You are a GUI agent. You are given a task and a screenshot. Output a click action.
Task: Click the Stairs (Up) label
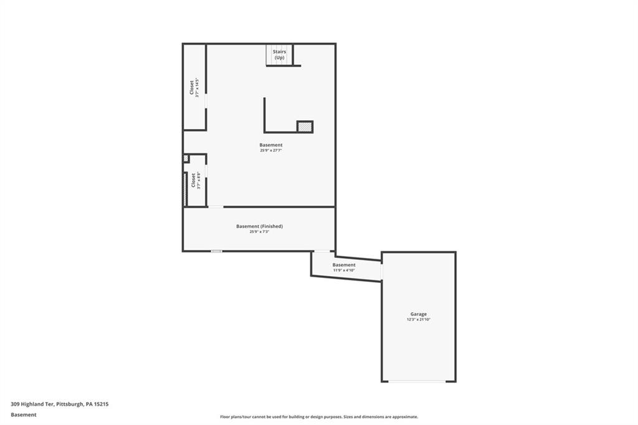(279, 55)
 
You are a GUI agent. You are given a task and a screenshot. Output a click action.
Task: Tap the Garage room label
(418, 314)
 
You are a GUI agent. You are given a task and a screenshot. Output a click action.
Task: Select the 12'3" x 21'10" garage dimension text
(418, 320)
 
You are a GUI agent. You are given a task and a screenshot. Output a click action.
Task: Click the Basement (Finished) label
(259, 226)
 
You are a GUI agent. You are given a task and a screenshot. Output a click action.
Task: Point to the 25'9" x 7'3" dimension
(259, 232)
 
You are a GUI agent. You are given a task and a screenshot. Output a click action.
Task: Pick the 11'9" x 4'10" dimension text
(344, 270)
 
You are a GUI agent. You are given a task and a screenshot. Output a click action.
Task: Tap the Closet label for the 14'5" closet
(192, 88)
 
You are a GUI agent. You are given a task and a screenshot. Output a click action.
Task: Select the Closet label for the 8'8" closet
(193, 180)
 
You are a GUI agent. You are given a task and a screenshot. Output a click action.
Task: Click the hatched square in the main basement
(305, 127)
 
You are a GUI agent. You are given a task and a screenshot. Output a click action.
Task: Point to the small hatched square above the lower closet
(186, 159)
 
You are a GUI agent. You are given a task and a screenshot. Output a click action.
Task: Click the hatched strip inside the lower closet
(186, 189)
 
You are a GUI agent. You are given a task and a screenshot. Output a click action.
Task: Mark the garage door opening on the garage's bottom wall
(418, 381)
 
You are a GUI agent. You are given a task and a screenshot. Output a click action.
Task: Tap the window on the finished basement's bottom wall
(216, 251)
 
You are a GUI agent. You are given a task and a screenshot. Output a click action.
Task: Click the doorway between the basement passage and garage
(381, 271)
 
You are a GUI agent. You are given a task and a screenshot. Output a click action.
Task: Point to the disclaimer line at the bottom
(318, 417)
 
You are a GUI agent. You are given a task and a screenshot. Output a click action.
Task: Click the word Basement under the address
(24, 414)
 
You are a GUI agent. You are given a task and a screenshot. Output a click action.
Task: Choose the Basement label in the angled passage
(344, 265)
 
